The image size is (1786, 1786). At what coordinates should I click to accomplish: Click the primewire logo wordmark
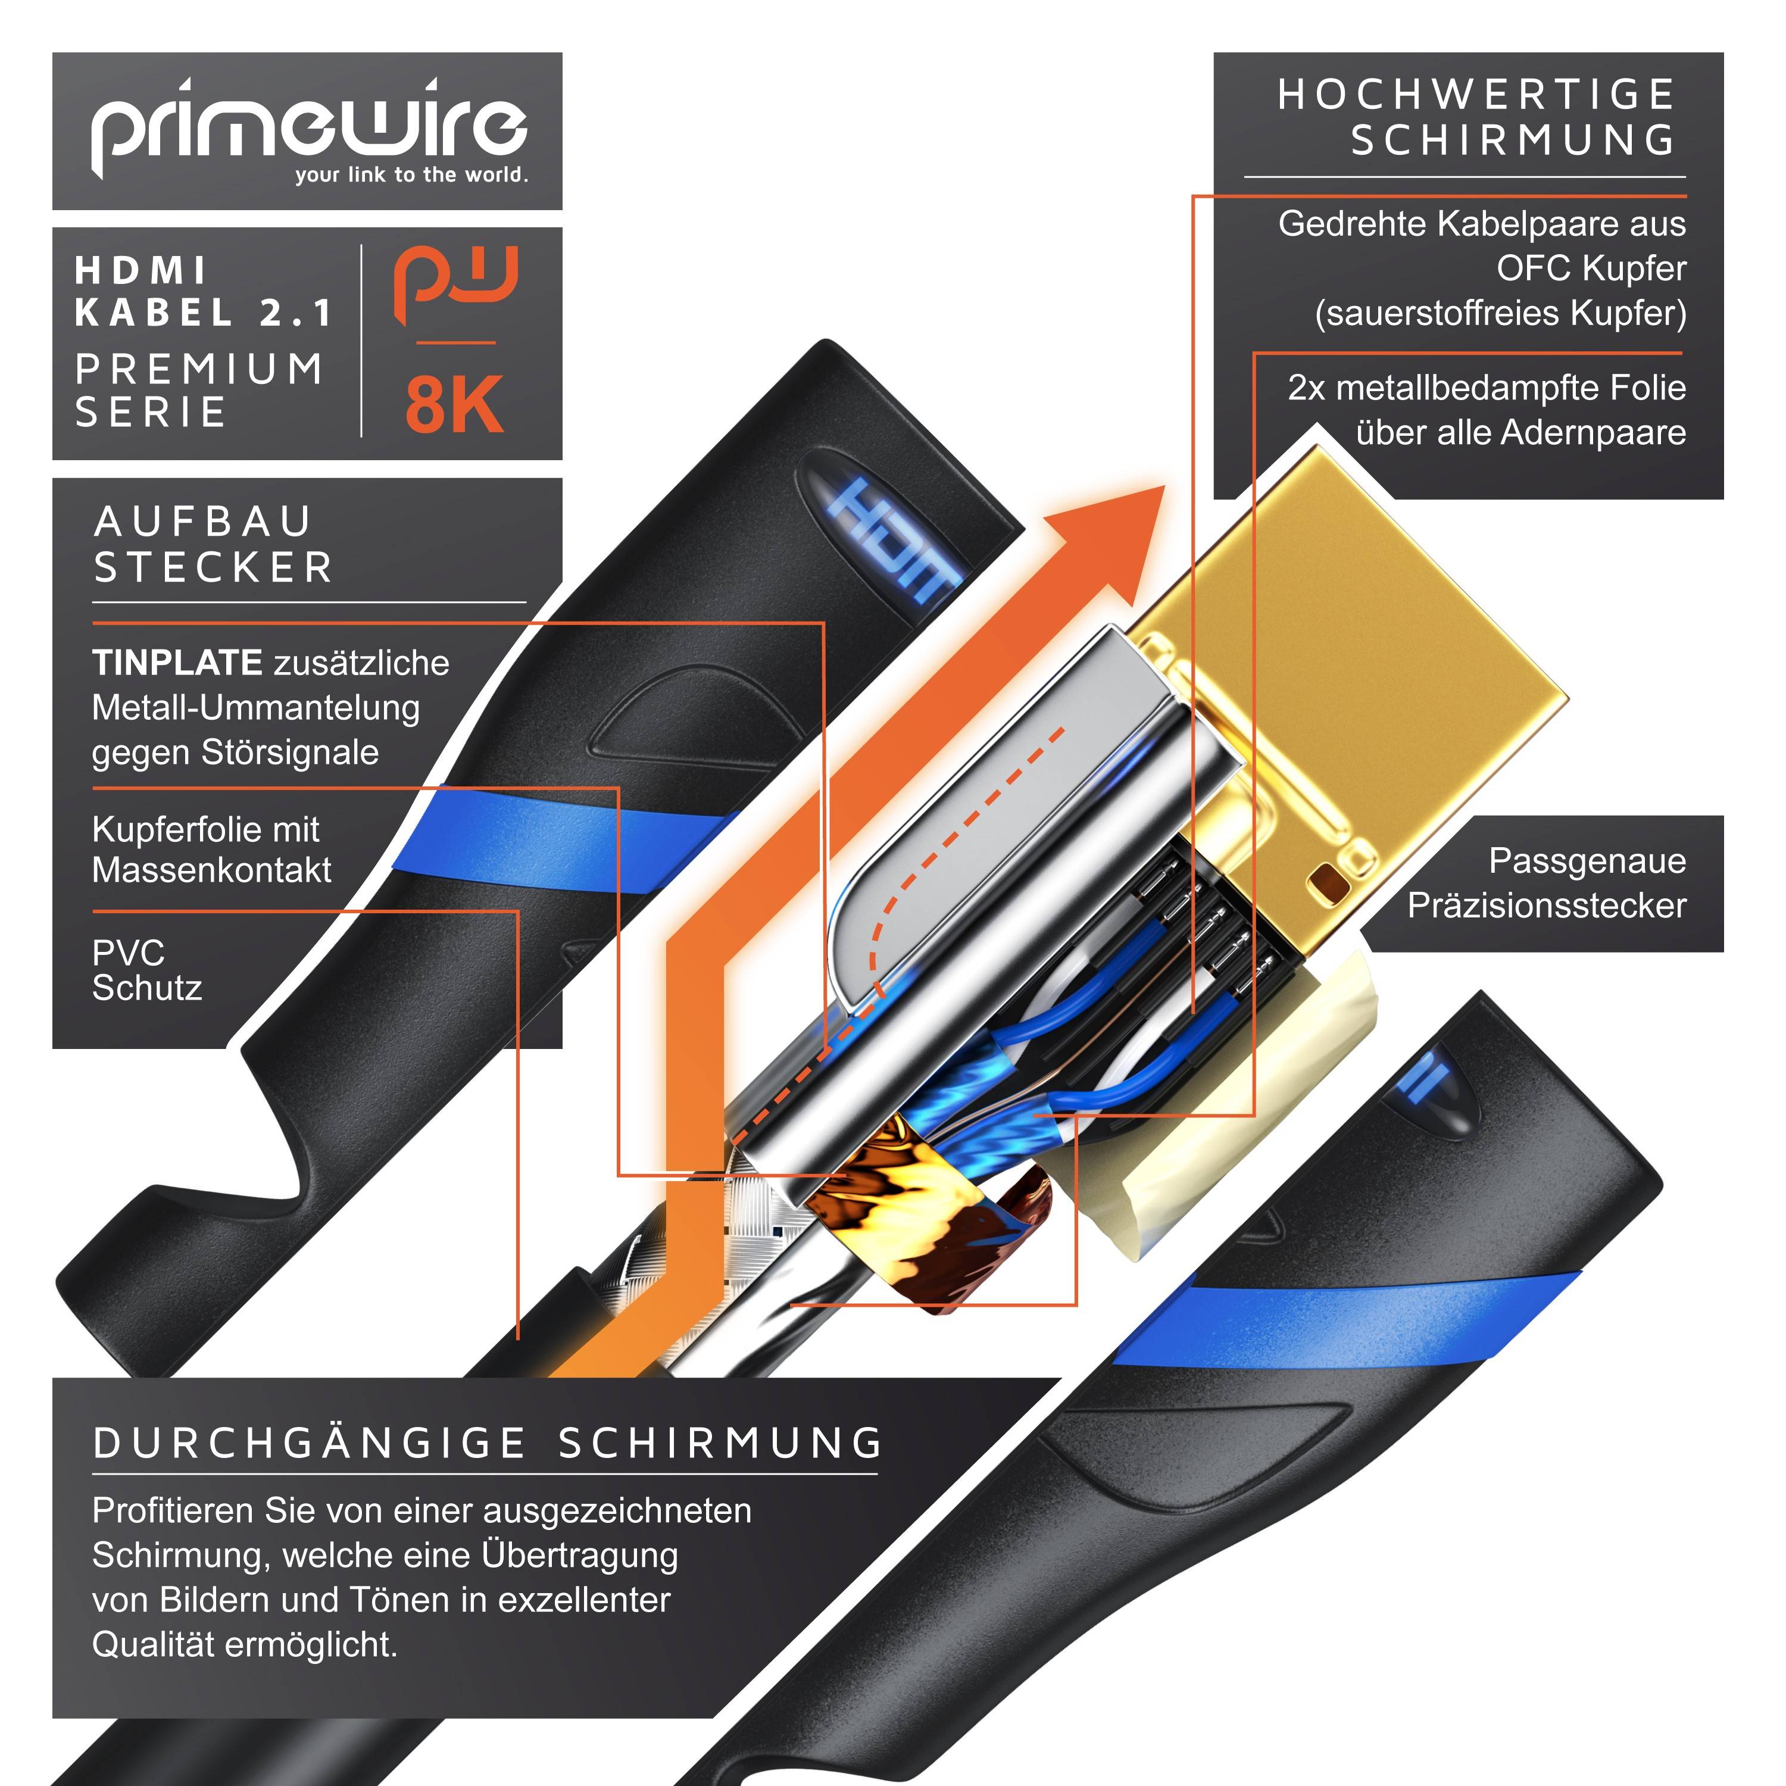point(308,127)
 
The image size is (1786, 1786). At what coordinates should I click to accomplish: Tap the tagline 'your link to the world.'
point(411,174)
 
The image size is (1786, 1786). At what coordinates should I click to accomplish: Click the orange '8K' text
point(454,405)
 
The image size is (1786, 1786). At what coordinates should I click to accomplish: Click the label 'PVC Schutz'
point(146,970)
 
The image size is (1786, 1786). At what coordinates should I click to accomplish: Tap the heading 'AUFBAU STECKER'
point(213,545)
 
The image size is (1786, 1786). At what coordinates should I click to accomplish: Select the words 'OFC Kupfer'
point(1591,268)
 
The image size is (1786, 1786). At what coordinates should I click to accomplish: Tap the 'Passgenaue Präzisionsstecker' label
point(1547,883)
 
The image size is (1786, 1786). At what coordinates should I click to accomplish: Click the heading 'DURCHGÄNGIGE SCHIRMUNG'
point(488,1443)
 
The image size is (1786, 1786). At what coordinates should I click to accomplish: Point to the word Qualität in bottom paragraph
point(152,1644)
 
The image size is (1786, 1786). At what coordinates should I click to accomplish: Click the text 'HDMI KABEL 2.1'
point(204,291)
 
